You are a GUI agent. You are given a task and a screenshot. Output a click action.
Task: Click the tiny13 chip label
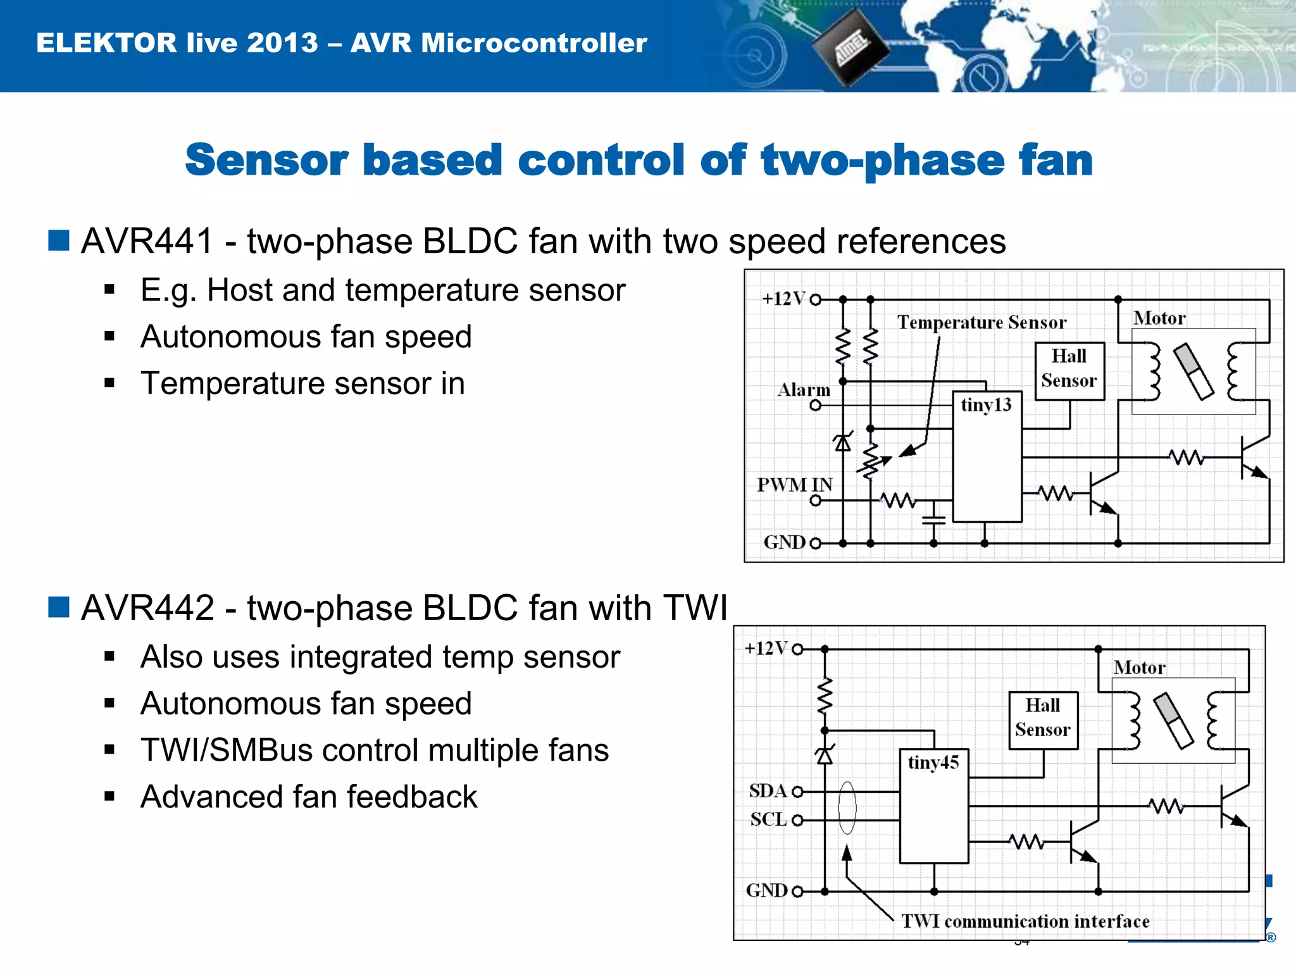[x=986, y=405]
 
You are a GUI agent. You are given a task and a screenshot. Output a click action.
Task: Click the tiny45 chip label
[x=933, y=763]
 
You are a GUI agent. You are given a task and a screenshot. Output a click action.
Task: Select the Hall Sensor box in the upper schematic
[x=1069, y=370]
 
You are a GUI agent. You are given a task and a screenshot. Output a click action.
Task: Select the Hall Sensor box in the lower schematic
[x=1043, y=720]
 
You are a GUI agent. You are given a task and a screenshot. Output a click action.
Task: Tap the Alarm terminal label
[x=804, y=390]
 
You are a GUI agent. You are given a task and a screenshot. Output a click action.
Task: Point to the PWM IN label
[x=795, y=485]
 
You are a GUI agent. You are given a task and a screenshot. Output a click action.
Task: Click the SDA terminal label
[x=768, y=791]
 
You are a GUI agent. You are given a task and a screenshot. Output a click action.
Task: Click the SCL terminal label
[x=768, y=819]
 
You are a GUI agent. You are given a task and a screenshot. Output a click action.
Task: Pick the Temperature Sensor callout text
[x=981, y=323]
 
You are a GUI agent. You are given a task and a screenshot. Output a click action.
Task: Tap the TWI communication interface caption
[x=1025, y=921]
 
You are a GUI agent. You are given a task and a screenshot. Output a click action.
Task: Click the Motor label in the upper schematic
[x=1159, y=318]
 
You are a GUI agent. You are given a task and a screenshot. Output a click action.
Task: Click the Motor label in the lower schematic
[x=1139, y=668]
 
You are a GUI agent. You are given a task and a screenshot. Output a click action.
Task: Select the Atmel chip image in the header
[x=850, y=50]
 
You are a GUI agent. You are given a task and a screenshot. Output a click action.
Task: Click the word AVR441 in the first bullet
[x=147, y=242]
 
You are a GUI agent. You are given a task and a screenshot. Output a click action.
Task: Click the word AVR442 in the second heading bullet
[x=147, y=608]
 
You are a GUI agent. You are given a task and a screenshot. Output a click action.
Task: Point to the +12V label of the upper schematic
[x=783, y=299]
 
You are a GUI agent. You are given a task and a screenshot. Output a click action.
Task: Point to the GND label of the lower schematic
[x=766, y=890]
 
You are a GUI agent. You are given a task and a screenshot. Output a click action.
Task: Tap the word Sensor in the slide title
[x=266, y=159]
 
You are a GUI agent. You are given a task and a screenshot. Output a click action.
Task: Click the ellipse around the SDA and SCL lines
[x=847, y=807]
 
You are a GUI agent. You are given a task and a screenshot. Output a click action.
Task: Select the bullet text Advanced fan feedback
[x=309, y=797]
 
